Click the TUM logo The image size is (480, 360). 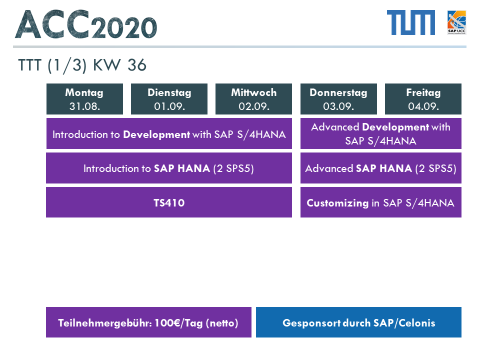[411, 22]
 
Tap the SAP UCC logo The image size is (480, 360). [456, 22]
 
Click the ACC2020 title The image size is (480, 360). [86, 24]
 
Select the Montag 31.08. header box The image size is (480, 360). [84, 99]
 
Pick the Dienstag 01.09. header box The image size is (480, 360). [169, 99]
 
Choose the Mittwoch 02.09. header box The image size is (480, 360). [254, 99]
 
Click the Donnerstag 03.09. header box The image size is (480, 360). [338, 99]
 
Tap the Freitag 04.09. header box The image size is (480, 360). [423, 99]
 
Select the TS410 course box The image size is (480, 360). [169, 202]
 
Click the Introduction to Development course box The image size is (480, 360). [169, 134]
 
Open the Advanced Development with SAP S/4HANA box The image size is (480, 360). [381, 134]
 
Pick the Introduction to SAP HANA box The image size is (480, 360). [169, 168]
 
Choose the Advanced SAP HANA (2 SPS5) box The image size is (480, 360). [381, 168]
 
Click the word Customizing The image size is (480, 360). [337, 203]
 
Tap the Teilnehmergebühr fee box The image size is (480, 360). [149, 322]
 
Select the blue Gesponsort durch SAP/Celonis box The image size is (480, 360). [359, 322]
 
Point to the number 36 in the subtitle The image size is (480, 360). [137, 65]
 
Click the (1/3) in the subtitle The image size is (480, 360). [67, 65]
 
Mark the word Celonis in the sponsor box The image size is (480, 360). [417, 323]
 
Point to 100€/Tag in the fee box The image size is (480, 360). [178, 323]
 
